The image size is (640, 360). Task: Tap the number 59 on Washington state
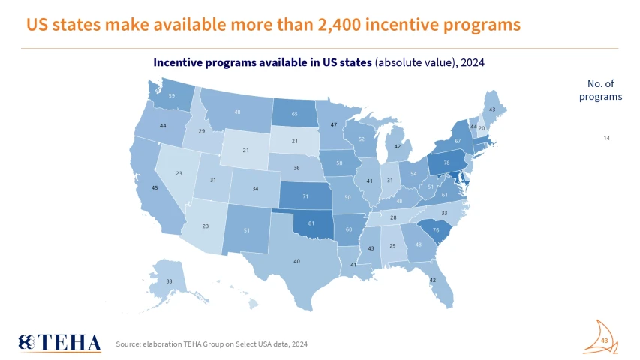coord(171,96)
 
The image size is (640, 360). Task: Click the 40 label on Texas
coord(297,261)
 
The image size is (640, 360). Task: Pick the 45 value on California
coord(154,189)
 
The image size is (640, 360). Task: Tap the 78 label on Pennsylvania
coord(446,163)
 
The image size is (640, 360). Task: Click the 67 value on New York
coord(457,141)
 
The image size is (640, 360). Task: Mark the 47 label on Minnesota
coord(334,124)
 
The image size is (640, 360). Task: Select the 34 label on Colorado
coord(256,189)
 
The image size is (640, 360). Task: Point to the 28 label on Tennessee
coord(392,217)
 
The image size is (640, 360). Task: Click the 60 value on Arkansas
coord(348,229)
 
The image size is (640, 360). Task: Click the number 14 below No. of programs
coord(607,139)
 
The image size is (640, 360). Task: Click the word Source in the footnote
coord(128,343)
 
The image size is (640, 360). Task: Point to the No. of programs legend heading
coord(604,90)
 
